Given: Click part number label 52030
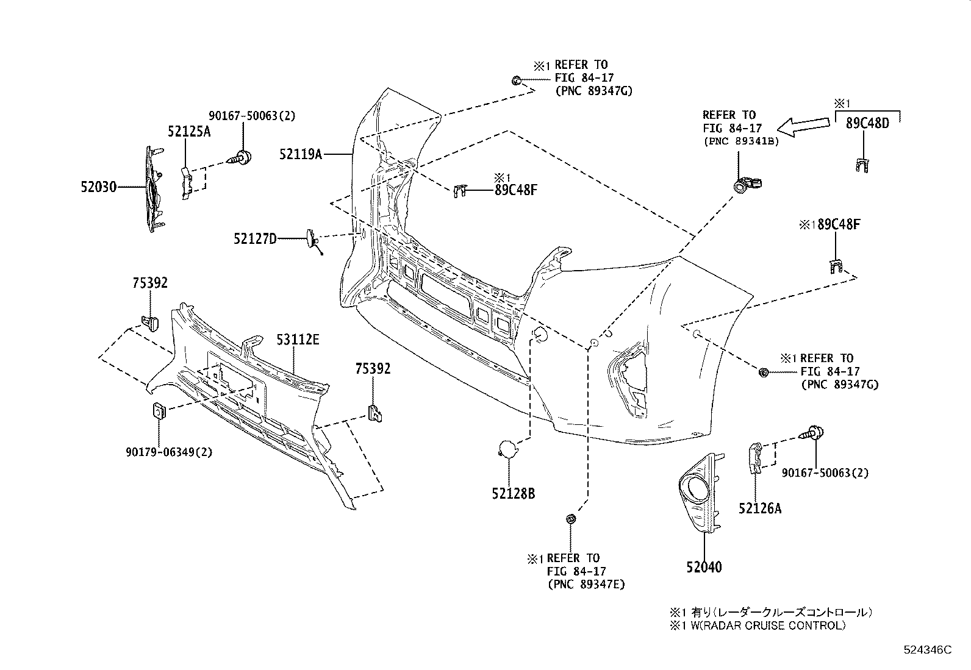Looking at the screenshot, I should tap(98, 187).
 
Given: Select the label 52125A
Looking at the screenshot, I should tap(189, 131).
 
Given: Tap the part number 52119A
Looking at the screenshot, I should tap(301, 154).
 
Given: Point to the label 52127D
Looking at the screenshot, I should tap(254, 238).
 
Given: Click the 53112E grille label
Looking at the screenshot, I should tap(298, 340).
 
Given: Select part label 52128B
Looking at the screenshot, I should tap(514, 493).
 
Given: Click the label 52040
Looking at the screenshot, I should tap(703, 567).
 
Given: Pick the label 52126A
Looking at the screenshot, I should tap(759, 507).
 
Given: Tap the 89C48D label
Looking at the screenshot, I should tap(867, 123).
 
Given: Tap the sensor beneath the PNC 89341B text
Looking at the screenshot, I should tap(747, 184).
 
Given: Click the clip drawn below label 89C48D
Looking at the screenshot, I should tap(861, 165).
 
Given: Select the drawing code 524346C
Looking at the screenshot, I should tap(927, 650).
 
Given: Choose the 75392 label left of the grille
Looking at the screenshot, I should tap(150, 283).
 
